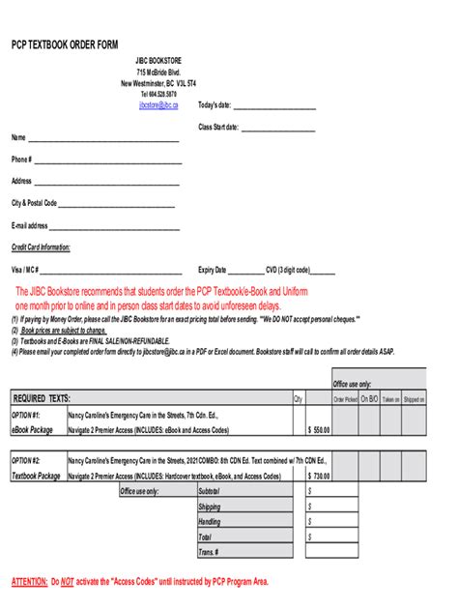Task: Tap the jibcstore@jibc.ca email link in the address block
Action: (x=158, y=104)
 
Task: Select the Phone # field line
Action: (x=107, y=163)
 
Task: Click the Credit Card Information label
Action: (x=41, y=248)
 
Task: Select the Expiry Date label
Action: (x=213, y=271)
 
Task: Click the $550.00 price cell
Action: (x=319, y=430)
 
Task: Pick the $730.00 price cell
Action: (x=319, y=476)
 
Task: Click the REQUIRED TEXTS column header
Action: (x=42, y=398)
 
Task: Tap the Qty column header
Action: (x=298, y=398)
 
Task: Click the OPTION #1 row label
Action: (x=26, y=415)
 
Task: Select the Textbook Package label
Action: (x=36, y=476)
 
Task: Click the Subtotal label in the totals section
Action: (x=209, y=491)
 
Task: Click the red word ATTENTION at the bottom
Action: (x=28, y=582)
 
